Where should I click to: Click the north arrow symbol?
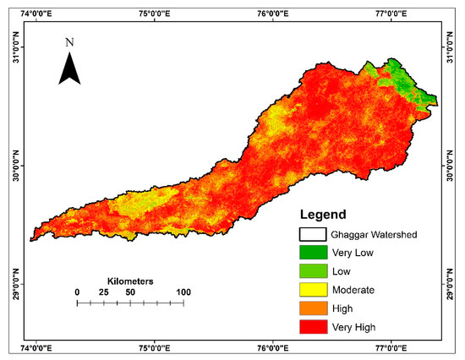[69, 68]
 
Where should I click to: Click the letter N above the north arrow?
[69, 41]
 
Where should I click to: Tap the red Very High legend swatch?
[315, 326]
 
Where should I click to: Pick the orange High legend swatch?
[315, 308]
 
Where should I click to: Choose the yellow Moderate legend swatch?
[315, 289]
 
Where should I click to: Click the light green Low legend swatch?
[315, 270]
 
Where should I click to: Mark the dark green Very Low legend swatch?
[315, 252]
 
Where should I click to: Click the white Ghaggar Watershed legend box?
[315, 233]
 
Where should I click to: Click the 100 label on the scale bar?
[183, 292]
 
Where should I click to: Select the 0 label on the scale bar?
[77, 292]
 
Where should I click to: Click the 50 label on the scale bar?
[130, 292]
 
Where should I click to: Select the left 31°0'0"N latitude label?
[12, 47]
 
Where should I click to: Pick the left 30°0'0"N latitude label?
[12, 166]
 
